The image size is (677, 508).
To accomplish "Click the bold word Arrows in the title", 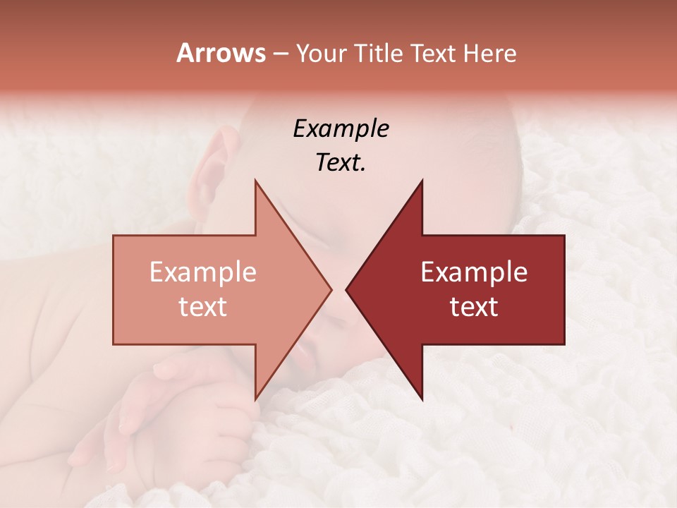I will [x=221, y=53].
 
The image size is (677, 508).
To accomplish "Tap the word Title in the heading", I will [x=379, y=54].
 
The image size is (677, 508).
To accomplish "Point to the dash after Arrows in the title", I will [x=280, y=54].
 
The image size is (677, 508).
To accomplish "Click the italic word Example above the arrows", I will [x=341, y=128].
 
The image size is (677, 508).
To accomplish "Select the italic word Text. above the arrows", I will [x=341, y=162].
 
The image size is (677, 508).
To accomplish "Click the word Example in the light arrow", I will [x=202, y=272].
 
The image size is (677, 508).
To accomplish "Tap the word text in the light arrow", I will [x=202, y=306].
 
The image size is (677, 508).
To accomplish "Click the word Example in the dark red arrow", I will [x=474, y=272].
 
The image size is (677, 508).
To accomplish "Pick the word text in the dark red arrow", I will [x=474, y=306].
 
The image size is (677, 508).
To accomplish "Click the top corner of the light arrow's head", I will [x=256, y=181].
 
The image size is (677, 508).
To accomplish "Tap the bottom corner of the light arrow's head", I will [x=256, y=399].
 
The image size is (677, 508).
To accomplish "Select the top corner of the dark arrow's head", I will [x=422, y=181].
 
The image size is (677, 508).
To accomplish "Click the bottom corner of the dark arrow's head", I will [x=422, y=399].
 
